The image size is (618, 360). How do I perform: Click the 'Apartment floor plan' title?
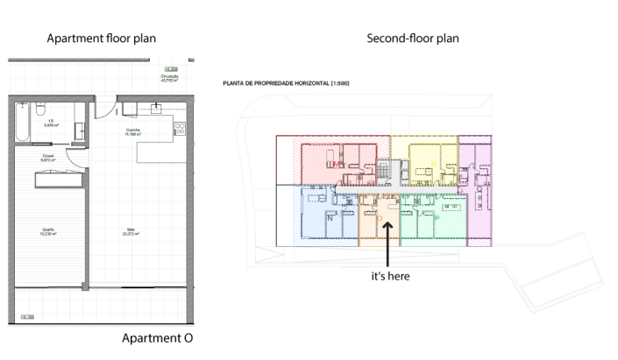(x=107, y=39)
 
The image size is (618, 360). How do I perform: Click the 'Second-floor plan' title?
(x=413, y=39)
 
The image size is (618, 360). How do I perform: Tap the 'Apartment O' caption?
(x=157, y=338)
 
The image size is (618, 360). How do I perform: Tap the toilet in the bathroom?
(x=78, y=110)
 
